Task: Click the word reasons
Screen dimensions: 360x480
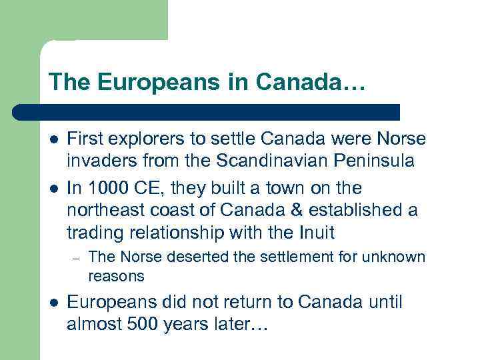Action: [116, 275]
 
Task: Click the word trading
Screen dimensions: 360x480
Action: [93, 232]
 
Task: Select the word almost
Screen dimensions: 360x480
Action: [93, 325]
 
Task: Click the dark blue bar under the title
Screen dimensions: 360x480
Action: [207, 112]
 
